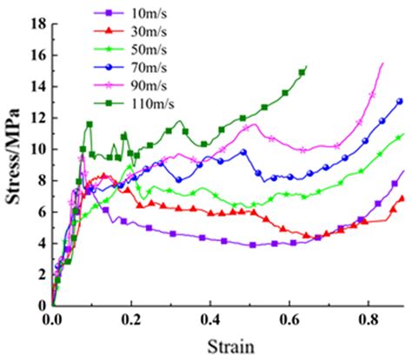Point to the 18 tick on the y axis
pyautogui.click(x=37, y=23)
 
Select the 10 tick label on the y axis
pyautogui.click(x=37, y=149)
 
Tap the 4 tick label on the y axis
pyautogui.click(x=40, y=243)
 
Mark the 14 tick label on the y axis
pyautogui.click(x=37, y=86)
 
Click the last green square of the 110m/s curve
pyautogui.click(x=302, y=71)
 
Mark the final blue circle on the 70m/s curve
pyautogui.click(x=399, y=101)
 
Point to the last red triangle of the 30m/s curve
pyautogui.click(x=400, y=198)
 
